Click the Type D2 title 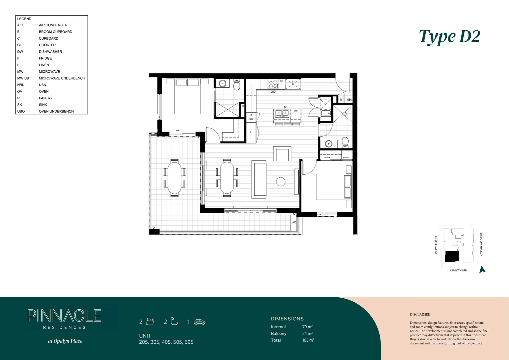click(x=449, y=37)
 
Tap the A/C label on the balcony click(x=294, y=222)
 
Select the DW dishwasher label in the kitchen click(x=295, y=111)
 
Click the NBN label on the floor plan click(x=349, y=100)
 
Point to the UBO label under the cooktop click(x=273, y=92)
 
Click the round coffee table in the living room click(x=281, y=182)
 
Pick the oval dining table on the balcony click(x=175, y=178)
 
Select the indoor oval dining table click(x=227, y=178)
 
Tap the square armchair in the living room click(x=282, y=154)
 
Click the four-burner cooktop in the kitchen click(x=273, y=84)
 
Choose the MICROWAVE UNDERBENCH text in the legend click(x=62, y=78)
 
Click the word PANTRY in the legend click(x=46, y=98)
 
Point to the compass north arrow click(x=482, y=270)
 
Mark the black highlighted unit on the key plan click(x=452, y=256)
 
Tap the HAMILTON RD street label click(x=458, y=270)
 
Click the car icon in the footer click(x=200, y=322)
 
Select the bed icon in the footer click(x=151, y=322)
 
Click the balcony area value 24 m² click(x=307, y=334)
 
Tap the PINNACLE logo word click(x=64, y=316)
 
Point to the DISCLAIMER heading click(x=420, y=314)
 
